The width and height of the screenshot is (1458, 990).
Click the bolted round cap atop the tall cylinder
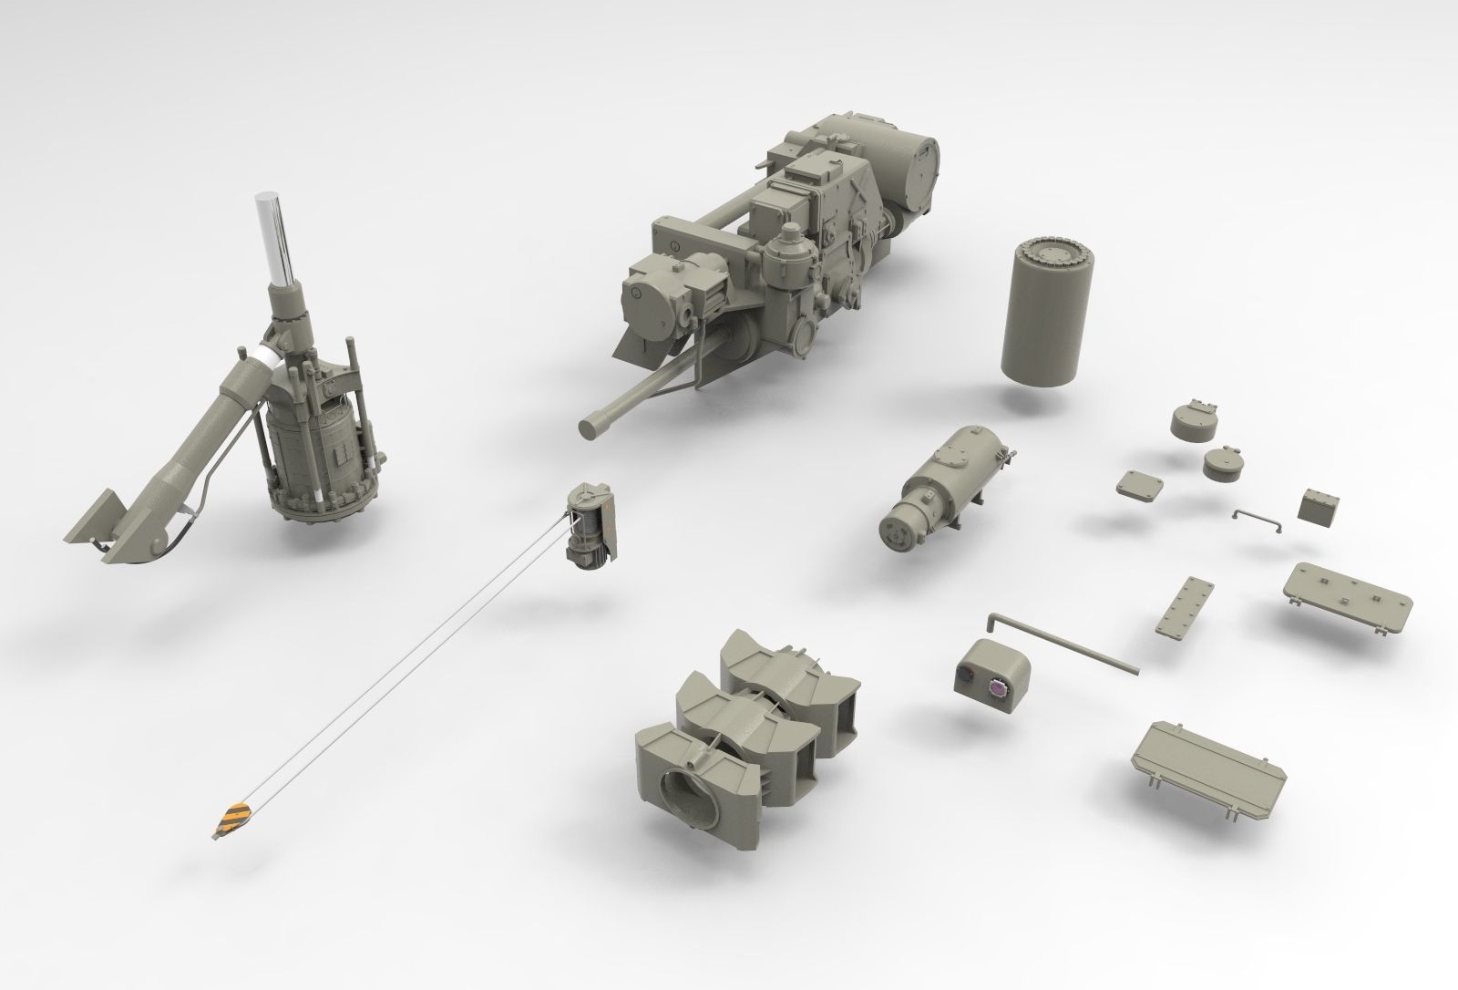(1051, 251)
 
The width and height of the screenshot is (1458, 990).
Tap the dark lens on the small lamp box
(965, 676)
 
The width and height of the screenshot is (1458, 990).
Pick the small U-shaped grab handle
(1258, 518)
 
